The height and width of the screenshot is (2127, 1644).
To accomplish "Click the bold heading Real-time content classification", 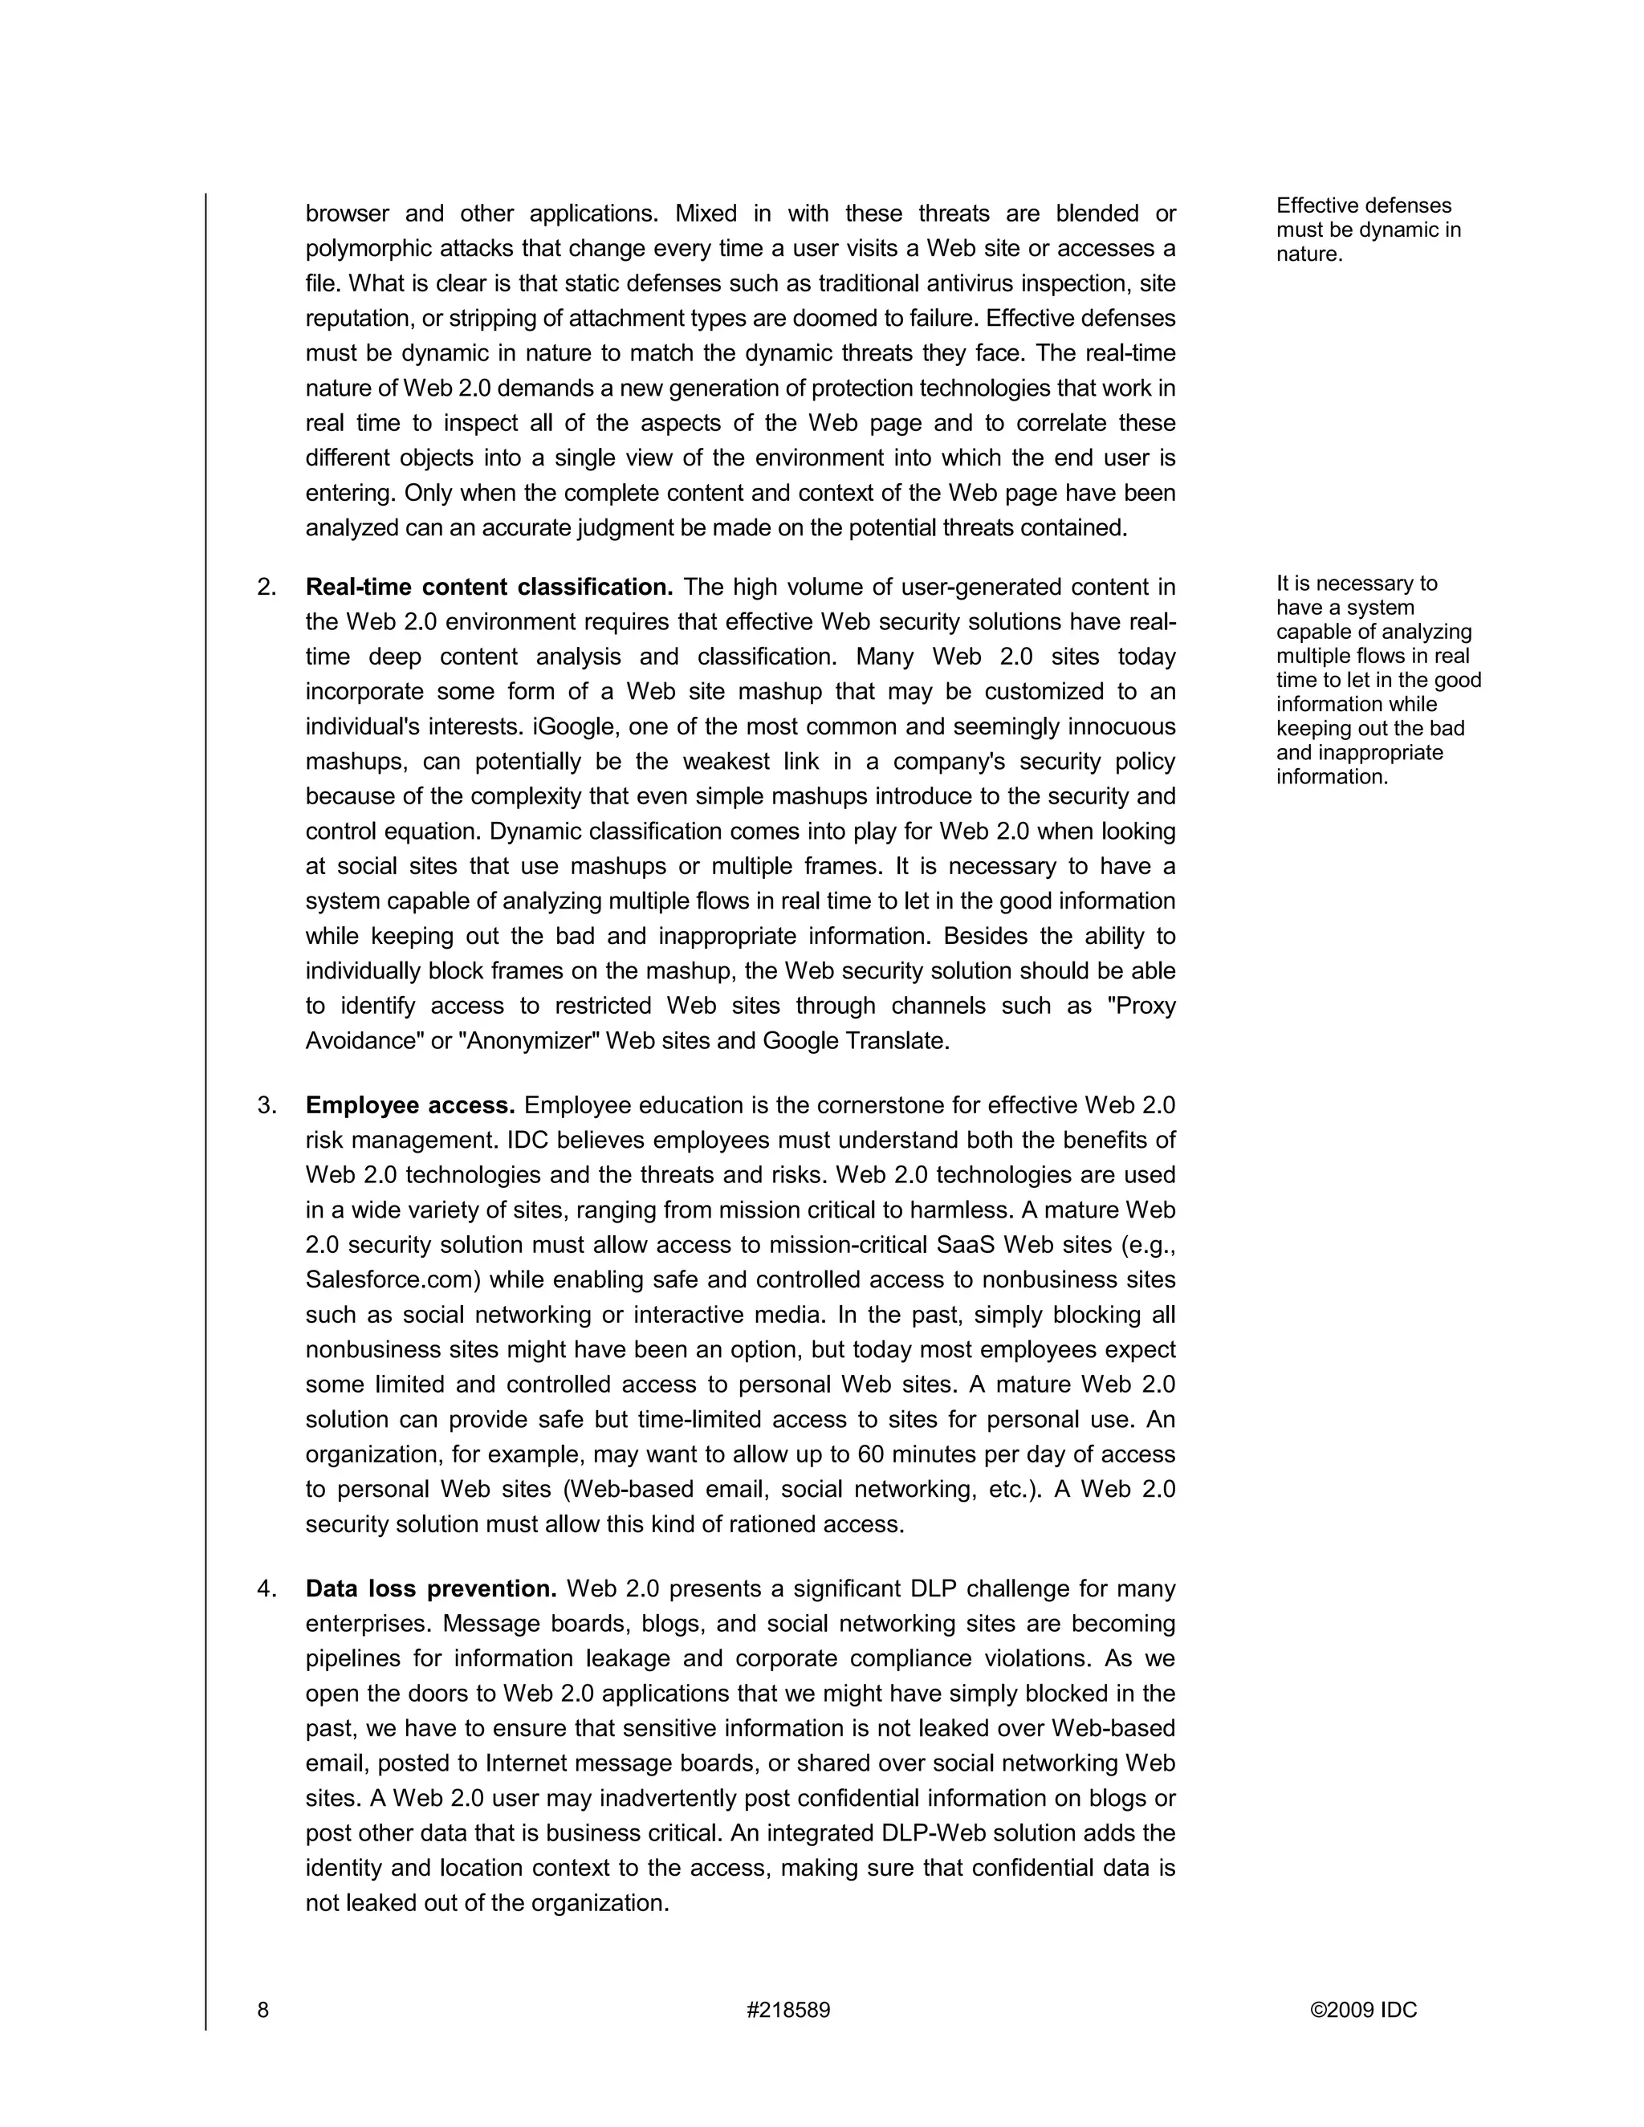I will [x=489, y=588].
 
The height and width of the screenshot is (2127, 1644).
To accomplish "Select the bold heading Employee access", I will [x=410, y=1105].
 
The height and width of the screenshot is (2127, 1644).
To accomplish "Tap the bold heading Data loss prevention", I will [x=430, y=1588].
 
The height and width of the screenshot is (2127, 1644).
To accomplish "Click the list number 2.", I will [x=267, y=588].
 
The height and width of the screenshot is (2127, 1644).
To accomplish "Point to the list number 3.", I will [x=267, y=1105].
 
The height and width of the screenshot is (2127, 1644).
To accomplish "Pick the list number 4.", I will [x=267, y=1588].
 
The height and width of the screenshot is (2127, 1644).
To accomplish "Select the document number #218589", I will [x=788, y=2010].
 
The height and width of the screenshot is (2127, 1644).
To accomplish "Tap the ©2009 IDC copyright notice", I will [x=1364, y=2010].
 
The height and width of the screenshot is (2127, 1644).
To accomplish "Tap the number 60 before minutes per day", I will [x=869, y=1454].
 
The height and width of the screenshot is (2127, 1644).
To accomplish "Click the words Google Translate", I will [x=854, y=1040].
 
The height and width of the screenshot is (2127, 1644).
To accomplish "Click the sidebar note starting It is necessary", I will [x=1377, y=680].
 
